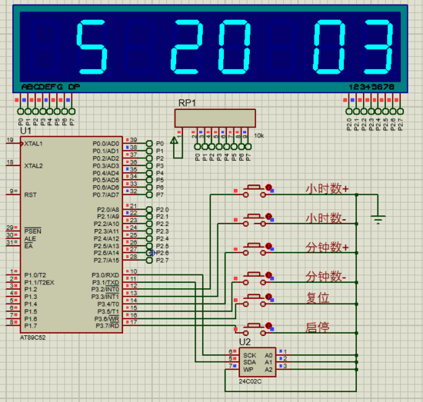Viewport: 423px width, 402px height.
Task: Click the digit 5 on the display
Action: tap(92, 45)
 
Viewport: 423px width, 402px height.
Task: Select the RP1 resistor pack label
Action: tap(186, 102)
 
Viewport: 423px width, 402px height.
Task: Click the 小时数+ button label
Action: tap(327, 188)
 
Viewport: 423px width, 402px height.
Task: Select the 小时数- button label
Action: tap(326, 218)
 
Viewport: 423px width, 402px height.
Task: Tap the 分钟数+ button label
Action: tap(327, 248)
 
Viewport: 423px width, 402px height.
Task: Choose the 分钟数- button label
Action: tap(326, 276)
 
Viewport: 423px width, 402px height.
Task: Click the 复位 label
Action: tap(318, 297)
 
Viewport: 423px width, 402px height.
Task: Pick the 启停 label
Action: tap(318, 327)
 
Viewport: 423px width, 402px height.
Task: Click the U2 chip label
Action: tap(245, 341)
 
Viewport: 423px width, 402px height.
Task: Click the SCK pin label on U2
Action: tap(249, 355)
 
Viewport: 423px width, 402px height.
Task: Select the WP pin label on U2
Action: tap(248, 369)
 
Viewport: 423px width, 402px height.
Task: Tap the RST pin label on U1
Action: tap(31, 194)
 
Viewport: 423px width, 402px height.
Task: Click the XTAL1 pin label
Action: tap(34, 144)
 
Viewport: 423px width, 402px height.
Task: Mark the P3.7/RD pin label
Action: tap(106, 325)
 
